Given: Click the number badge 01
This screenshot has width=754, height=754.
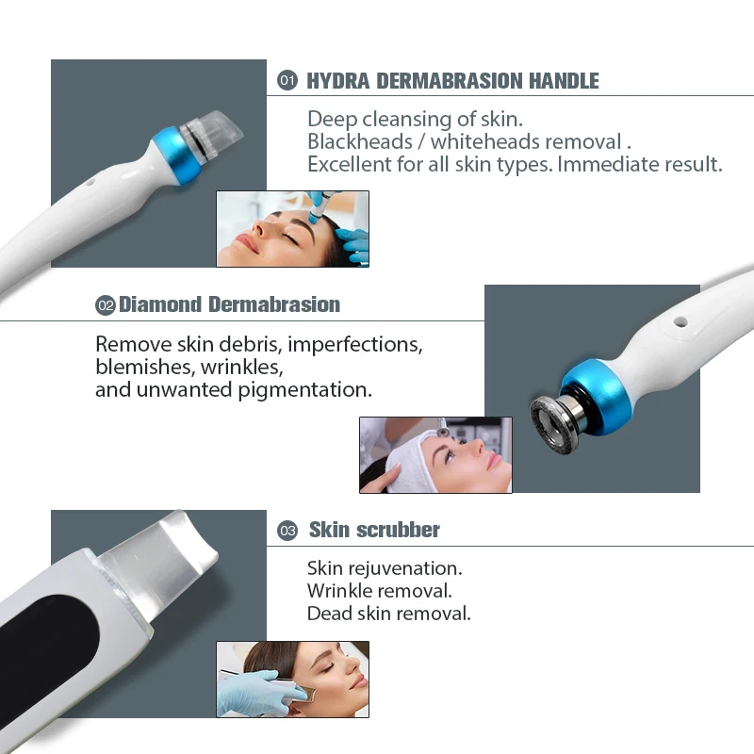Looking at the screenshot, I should pyautogui.click(x=287, y=81).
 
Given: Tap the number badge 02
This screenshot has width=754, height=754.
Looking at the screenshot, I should pyautogui.click(x=106, y=305).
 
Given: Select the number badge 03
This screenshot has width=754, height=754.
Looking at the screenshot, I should pyautogui.click(x=287, y=531).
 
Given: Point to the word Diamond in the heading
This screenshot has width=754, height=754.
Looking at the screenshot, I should pyautogui.click(x=160, y=304).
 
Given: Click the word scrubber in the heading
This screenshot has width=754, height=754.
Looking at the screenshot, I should pyautogui.click(x=397, y=530).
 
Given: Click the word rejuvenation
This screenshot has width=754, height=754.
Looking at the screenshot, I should pyautogui.click(x=405, y=568).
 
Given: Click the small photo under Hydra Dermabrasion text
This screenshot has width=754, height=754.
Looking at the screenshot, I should pyautogui.click(x=292, y=229).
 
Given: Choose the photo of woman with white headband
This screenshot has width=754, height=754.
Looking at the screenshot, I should pyautogui.click(x=435, y=455).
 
